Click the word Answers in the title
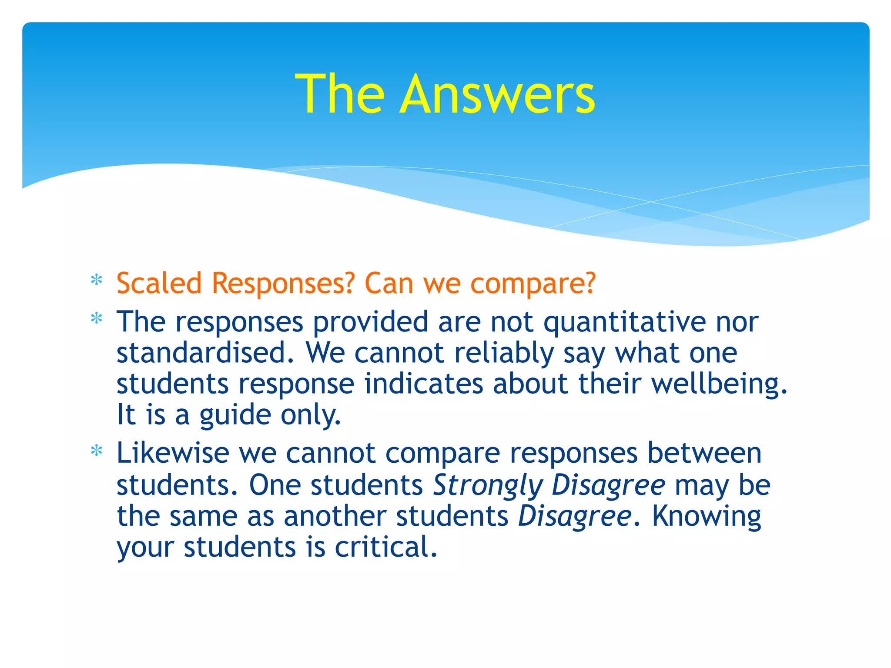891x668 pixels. click(x=497, y=94)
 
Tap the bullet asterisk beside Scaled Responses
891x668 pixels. click(x=97, y=281)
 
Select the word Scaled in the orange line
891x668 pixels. click(x=159, y=284)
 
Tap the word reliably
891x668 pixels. click(x=504, y=354)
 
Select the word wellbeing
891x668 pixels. click(x=719, y=384)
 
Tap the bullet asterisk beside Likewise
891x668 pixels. click(x=97, y=451)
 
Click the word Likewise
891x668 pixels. click(x=173, y=453)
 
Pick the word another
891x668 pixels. click(x=335, y=516)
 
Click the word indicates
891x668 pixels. click(x=423, y=384)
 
